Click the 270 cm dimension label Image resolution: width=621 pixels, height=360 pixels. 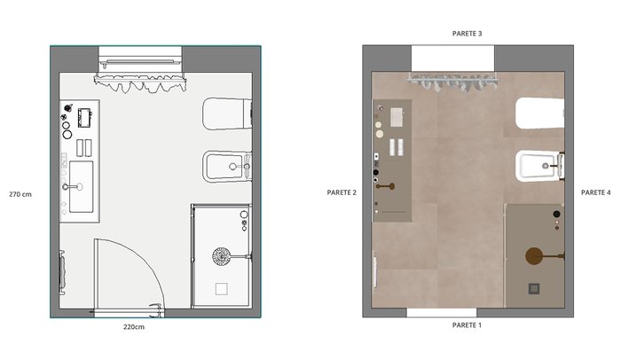(20, 194)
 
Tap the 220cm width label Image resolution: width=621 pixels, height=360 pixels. (134, 326)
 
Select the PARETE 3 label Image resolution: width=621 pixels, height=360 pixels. (467, 34)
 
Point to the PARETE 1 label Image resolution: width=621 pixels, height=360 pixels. (467, 325)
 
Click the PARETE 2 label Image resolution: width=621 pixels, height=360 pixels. (342, 192)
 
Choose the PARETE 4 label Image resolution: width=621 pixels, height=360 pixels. (595, 192)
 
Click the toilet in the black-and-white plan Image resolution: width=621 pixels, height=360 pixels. (227, 113)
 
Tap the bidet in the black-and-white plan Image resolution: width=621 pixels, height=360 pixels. (227, 167)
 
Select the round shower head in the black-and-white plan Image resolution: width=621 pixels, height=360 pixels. (222, 256)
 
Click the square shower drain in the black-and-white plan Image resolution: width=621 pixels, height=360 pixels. (222, 289)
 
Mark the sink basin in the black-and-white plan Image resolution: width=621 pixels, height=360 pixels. (82, 186)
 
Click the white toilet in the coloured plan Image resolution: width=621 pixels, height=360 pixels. (539, 113)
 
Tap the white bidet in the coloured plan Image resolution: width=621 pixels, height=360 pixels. (539, 166)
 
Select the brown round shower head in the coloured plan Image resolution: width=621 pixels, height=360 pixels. (535, 256)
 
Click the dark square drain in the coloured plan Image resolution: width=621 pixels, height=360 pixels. (534, 289)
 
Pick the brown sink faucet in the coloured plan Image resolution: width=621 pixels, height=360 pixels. (385, 186)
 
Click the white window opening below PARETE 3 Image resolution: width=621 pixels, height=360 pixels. (452, 59)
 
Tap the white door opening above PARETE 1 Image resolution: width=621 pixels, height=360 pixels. (442, 313)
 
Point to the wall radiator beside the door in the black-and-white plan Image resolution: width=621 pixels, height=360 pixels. (62, 272)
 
